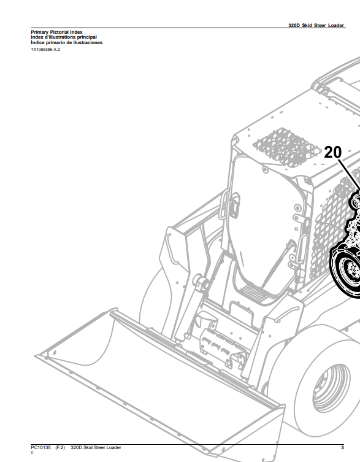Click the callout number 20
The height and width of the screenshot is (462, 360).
[333, 152]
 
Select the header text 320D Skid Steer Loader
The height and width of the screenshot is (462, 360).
[316, 25]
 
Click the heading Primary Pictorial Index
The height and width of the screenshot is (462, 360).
[56, 32]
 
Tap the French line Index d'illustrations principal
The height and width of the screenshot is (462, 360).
[64, 37]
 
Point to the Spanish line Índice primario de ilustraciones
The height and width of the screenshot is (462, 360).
[67, 42]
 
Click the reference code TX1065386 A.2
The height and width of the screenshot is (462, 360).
[45, 50]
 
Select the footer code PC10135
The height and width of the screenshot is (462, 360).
[40, 447]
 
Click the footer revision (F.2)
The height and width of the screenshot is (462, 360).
[60, 447]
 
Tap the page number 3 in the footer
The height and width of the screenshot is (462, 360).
[342, 447]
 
